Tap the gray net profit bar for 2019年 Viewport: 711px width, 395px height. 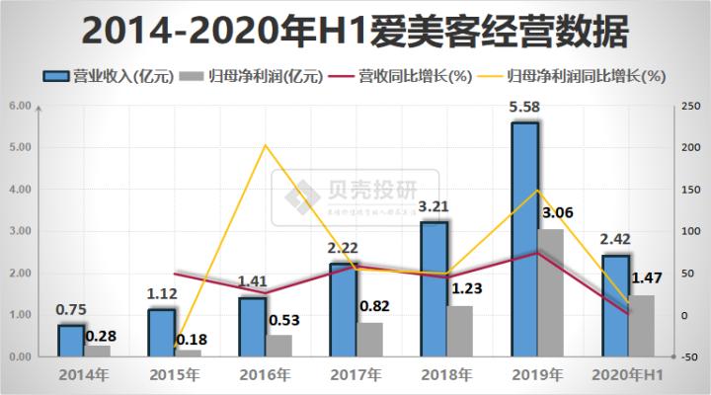(x=550, y=292)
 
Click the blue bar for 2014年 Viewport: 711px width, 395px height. (x=71, y=340)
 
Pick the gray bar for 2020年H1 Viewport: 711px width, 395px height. (x=642, y=325)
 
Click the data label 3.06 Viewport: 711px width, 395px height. (x=557, y=212)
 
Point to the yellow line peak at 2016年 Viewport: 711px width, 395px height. (x=266, y=145)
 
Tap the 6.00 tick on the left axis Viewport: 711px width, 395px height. (x=20, y=106)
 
